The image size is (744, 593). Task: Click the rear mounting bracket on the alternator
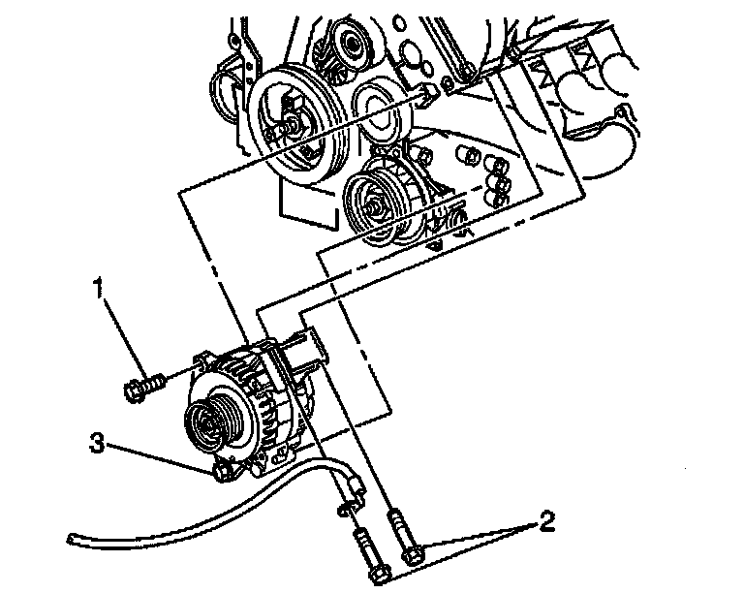point(311,350)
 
